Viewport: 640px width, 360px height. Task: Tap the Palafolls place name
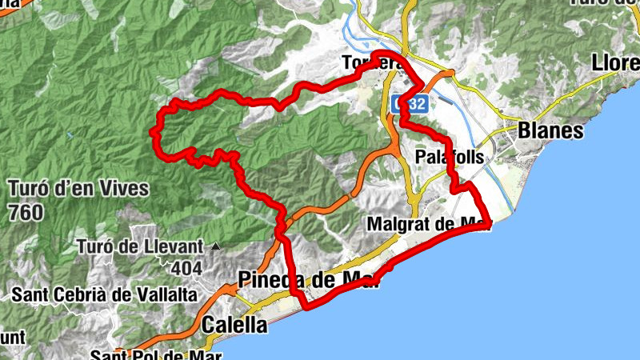pyautogui.click(x=450, y=158)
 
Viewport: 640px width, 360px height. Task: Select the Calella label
pyautogui.click(x=234, y=325)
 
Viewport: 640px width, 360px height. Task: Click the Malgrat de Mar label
pyautogui.click(x=428, y=225)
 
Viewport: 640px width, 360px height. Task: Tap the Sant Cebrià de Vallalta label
pyautogui.click(x=105, y=295)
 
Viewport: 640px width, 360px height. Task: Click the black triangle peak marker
pyautogui.click(x=215, y=246)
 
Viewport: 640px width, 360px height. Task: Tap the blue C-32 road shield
pyautogui.click(x=410, y=103)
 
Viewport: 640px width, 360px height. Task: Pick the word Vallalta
pyautogui.click(x=167, y=295)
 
